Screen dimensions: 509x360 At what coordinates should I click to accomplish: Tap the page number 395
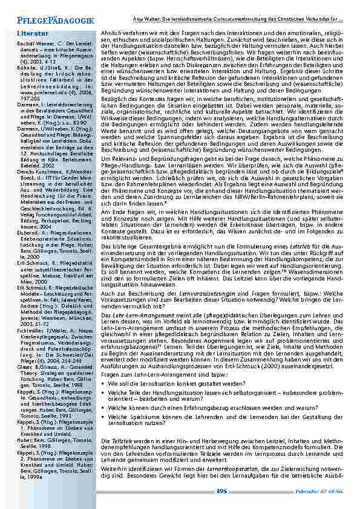pos(222,491)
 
